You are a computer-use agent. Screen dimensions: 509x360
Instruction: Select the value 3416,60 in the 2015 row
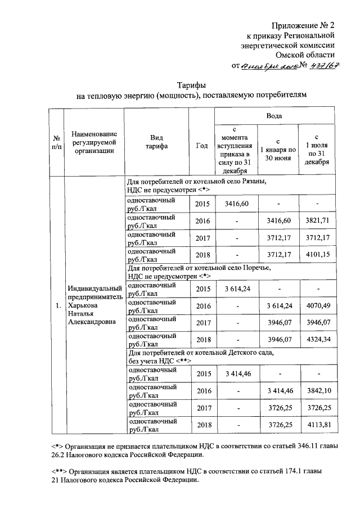(236, 203)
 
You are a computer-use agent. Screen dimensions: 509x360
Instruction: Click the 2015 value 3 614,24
(236, 289)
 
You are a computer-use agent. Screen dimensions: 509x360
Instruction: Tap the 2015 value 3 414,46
(236, 373)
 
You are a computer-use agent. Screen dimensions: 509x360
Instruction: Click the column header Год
(201, 146)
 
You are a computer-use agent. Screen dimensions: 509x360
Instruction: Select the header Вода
(275, 116)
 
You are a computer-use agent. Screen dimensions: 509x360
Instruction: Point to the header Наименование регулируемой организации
(94, 142)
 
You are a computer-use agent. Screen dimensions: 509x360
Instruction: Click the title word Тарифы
(193, 84)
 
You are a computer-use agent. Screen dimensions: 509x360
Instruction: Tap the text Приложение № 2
(304, 25)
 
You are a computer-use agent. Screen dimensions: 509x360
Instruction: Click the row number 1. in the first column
(56, 305)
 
